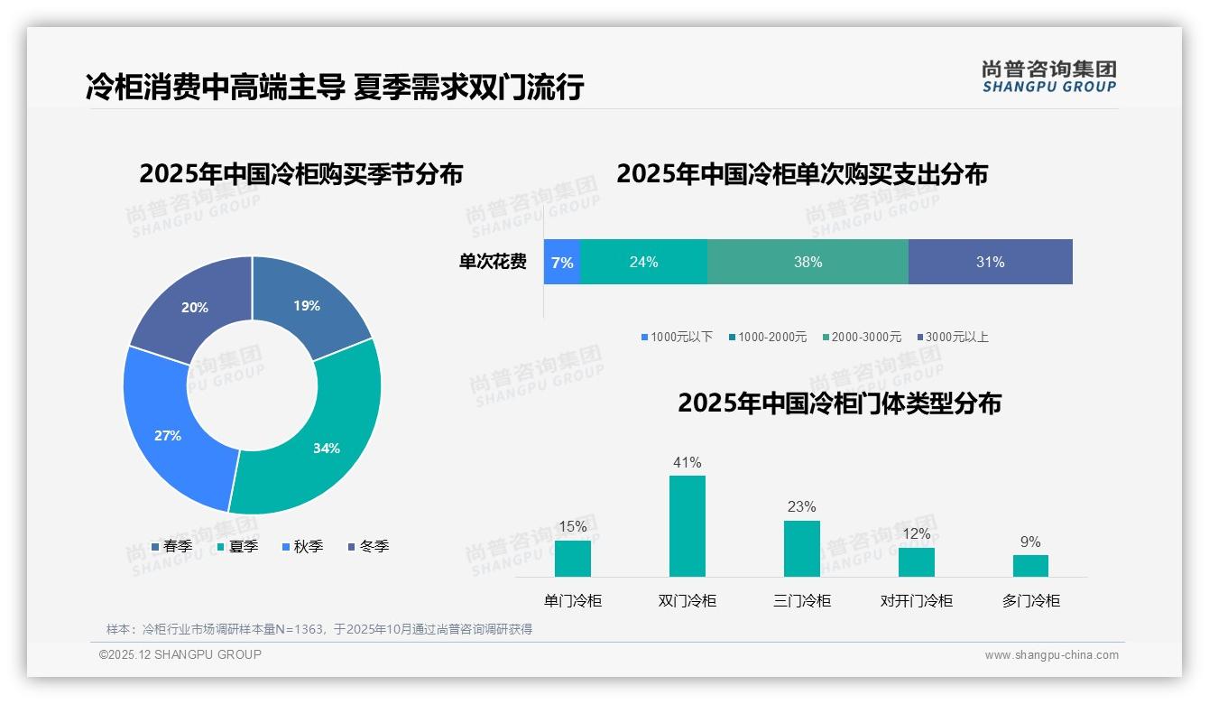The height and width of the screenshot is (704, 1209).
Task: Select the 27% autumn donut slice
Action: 171,433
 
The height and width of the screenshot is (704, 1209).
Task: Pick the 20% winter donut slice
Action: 194,307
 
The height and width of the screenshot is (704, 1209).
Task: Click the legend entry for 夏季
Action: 238,546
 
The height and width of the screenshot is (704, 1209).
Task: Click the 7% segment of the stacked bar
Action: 562,262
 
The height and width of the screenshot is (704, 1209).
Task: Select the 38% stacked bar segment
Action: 808,262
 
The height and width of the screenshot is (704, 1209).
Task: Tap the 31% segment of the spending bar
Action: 990,262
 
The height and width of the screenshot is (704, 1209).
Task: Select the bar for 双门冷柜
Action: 688,525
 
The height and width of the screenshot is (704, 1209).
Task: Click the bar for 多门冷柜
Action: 1030,565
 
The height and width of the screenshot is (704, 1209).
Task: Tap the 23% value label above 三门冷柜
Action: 801,506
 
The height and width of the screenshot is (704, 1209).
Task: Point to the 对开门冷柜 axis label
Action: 916,600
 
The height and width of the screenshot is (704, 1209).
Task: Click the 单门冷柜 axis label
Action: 573,600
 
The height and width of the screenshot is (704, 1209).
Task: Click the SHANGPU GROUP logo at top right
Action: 1049,77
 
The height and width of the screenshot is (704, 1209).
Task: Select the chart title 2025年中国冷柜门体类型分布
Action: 839,403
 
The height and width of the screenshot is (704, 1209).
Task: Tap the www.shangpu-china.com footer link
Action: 1051,654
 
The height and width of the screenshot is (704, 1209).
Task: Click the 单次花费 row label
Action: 493,262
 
